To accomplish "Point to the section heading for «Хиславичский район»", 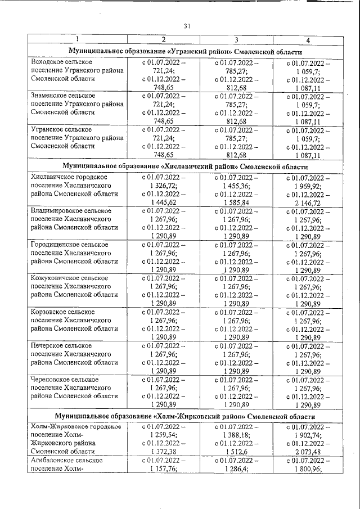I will click(x=186, y=167).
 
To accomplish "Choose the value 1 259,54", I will click(x=163, y=435).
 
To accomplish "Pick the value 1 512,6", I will click(x=235, y=452).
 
